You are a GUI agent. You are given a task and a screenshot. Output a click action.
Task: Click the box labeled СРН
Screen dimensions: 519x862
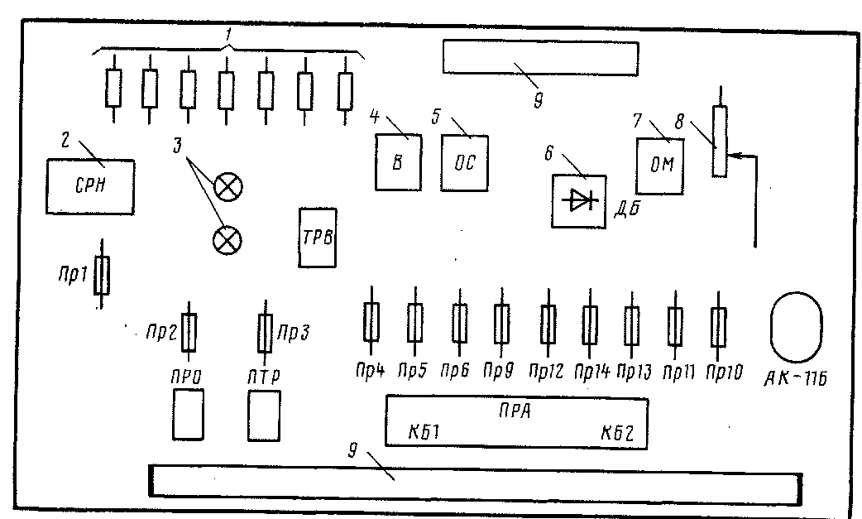[x=88, y=186]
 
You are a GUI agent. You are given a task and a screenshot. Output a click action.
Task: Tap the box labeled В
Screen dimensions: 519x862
[x=397, y=162]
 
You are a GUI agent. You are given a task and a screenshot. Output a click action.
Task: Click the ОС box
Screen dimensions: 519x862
[x=463, y=162]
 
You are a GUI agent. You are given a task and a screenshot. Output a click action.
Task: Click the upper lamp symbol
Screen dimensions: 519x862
[x=227, y=187]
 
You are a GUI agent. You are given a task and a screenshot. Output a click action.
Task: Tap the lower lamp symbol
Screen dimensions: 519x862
[x=227, y=240]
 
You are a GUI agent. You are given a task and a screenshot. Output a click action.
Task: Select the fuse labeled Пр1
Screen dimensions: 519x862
[x=102, y=275]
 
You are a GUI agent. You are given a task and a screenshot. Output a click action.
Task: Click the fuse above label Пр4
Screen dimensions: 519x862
[x=371, y=321]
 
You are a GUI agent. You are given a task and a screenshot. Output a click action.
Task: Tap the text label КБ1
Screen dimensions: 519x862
[x=424, y=432]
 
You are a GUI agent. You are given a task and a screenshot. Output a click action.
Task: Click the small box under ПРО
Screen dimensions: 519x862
[x=188, y=415]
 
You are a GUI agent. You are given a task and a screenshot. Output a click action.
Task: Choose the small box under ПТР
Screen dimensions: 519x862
[x=265, y=415]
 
